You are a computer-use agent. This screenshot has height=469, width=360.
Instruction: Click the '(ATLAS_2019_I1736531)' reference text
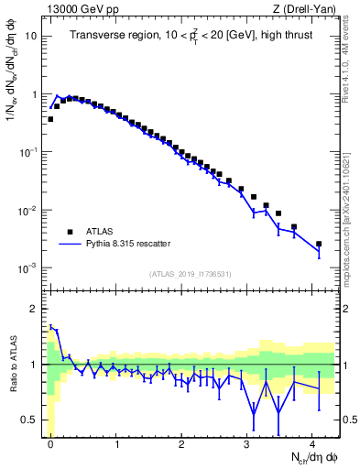191,274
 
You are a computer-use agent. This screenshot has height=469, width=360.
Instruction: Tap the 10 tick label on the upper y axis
31,37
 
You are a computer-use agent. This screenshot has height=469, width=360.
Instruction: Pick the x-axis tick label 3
247,444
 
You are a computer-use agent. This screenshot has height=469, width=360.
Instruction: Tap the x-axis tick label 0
50,444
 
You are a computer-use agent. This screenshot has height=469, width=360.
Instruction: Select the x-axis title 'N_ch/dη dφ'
311,457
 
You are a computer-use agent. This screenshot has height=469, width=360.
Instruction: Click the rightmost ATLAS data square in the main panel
319,245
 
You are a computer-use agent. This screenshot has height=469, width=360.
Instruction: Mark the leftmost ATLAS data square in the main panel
50,119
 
